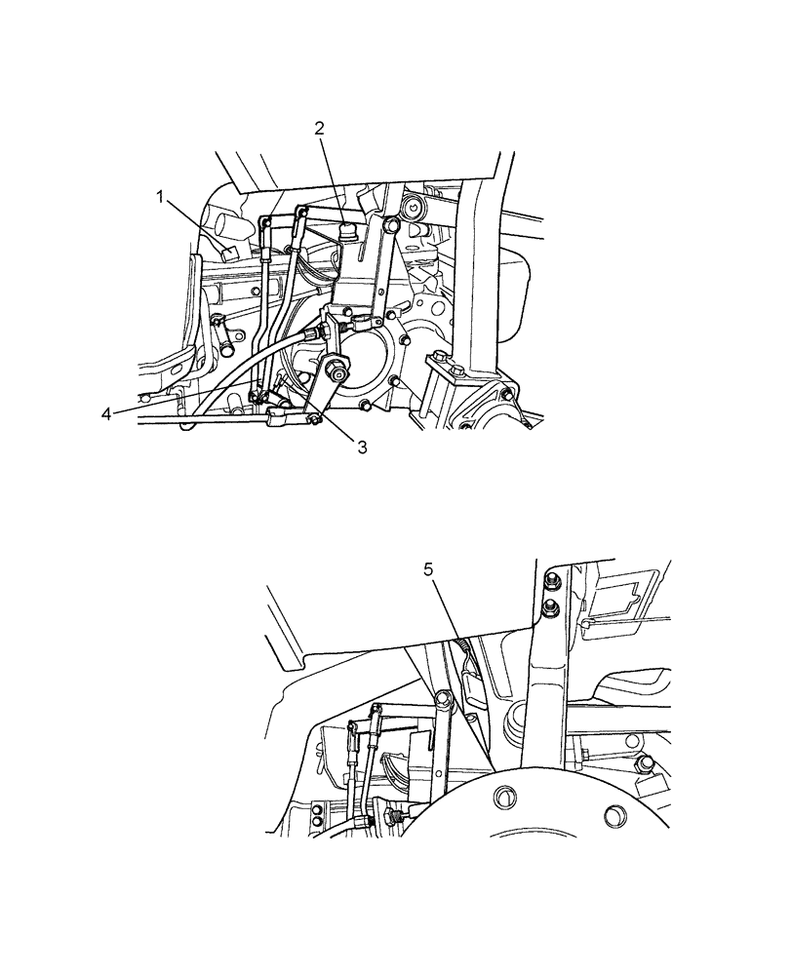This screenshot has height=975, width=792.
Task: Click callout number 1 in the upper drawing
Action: (x=159, y=198)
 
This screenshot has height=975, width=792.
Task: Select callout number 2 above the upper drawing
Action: (x=319, y=128)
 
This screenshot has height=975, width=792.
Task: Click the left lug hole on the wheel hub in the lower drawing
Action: (x=504, y=797)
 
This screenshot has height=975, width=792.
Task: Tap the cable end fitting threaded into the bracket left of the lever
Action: (x=310, y=333)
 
